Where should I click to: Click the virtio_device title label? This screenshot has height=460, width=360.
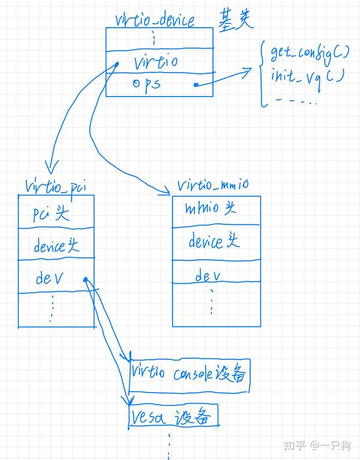coord(155,20)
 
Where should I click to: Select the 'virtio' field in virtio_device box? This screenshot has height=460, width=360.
coord(155,61)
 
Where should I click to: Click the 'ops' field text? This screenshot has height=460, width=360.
coord(146,83)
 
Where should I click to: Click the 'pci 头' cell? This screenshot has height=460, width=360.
coord(52,214)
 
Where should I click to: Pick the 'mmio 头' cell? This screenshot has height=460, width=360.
coord(211,209)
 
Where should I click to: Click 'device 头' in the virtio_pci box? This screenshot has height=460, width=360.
coord(56,246)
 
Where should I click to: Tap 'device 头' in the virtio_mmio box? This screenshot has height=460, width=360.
coord(214,242)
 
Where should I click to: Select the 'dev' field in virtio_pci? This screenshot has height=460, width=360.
coord(49,278)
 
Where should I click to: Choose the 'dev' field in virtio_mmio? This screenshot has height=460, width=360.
coord(208,276)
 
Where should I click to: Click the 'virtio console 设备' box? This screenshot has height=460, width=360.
coord(188,374)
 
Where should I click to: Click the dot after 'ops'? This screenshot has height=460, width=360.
coord(196,85)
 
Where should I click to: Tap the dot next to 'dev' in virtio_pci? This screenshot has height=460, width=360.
coord(86,279)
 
